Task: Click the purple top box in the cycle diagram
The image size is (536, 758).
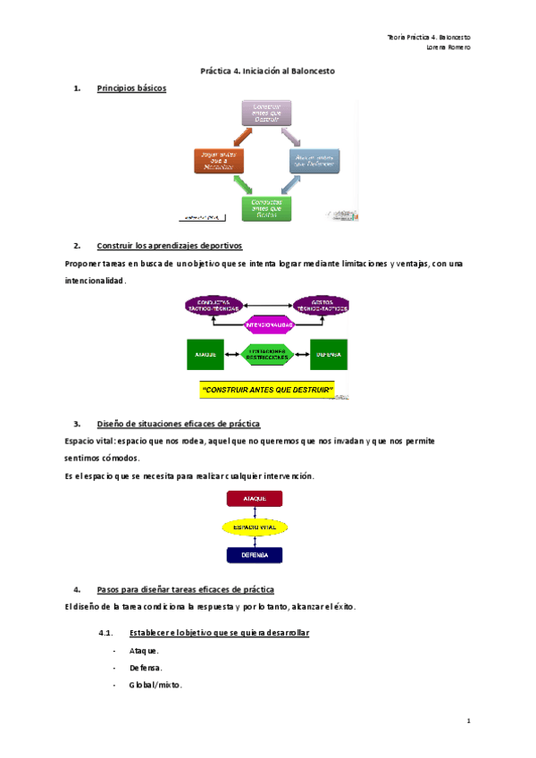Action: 268,113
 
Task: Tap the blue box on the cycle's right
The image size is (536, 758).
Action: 314,160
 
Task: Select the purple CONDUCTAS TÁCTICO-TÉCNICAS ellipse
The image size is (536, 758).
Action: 214,305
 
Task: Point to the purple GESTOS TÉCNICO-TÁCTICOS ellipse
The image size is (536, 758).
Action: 321,305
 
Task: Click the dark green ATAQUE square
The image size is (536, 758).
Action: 205,355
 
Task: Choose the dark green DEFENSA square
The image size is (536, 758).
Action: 329,355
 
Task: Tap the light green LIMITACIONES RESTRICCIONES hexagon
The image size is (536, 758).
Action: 268,355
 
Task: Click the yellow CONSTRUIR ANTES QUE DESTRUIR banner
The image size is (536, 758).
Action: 267,391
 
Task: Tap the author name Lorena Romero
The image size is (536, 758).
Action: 449,47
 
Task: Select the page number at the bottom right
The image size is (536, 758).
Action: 468,720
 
